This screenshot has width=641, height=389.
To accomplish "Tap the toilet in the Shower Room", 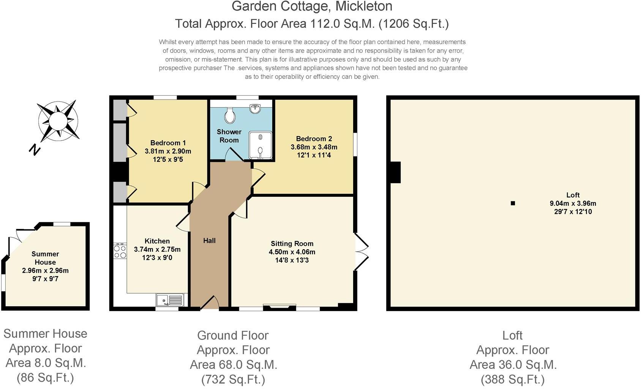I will (x=229, y=115).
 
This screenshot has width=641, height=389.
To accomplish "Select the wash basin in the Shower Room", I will (x=255, y=109).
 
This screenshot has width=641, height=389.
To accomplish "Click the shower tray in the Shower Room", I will (x=261, y=145).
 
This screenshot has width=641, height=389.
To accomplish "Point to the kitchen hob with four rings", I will (x=120, y=251).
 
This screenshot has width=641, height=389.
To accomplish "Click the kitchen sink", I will (x=169, y=300).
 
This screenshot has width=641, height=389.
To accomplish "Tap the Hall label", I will (x=209, y=240).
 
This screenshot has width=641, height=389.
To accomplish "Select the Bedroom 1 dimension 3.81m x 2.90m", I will (x=168, y=151).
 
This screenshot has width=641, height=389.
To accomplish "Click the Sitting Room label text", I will (x=292, y=244).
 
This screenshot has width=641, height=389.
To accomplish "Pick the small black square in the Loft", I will (x=513, y=203).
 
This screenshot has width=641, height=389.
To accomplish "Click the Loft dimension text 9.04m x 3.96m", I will (x=573, y=203).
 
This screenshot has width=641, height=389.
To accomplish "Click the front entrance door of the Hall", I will (x=209, y=302).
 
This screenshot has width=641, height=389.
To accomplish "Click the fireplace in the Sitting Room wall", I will (x=279, y=307).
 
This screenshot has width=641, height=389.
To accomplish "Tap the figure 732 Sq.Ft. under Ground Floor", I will (x=233, y=379).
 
